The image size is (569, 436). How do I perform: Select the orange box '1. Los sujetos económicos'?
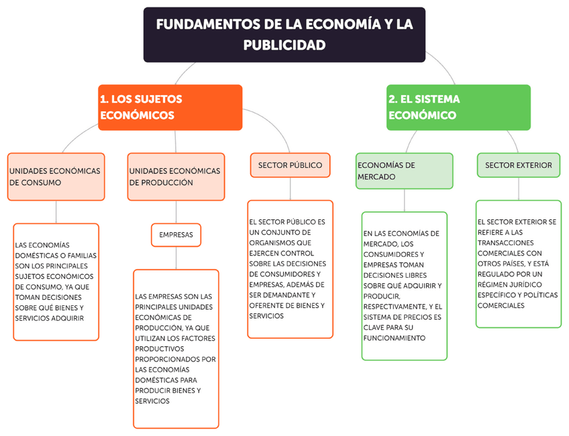(170, 107)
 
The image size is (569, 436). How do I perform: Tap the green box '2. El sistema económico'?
(458, 107)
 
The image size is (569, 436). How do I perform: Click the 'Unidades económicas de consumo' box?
(56, 177)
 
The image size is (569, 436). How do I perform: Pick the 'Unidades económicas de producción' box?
(175, 177)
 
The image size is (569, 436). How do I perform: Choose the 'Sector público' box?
(290, 165)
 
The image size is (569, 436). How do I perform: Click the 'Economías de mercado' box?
(404, 171)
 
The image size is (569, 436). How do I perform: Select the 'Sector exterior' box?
(518, 165)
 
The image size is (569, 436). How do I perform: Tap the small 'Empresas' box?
(176, 235)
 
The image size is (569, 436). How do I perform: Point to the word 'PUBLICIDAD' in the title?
(284, 46)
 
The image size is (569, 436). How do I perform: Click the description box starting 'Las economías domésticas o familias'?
(56, 282)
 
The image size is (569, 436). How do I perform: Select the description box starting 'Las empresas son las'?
(176, 349)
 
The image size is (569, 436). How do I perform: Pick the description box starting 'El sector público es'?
(290, 268)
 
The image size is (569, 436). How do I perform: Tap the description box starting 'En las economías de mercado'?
(404, 286)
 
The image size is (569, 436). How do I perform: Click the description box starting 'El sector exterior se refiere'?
(518, 264)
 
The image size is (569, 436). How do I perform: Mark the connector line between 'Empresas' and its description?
(176, 258)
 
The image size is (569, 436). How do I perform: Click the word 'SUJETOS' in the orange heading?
(159, 99)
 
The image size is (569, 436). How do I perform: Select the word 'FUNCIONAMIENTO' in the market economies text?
(395, 338)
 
